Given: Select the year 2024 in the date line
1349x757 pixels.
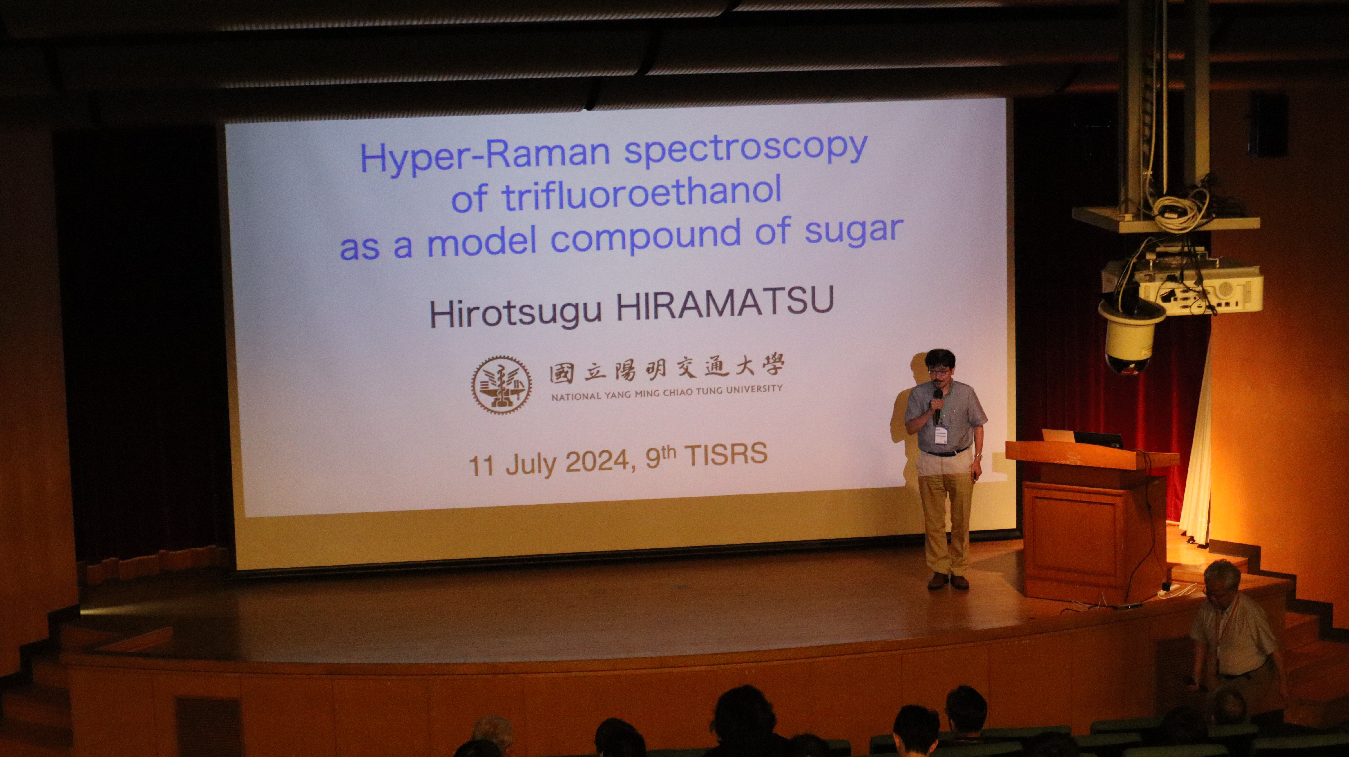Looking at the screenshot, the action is pyautogui.click(x=597, y=462).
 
